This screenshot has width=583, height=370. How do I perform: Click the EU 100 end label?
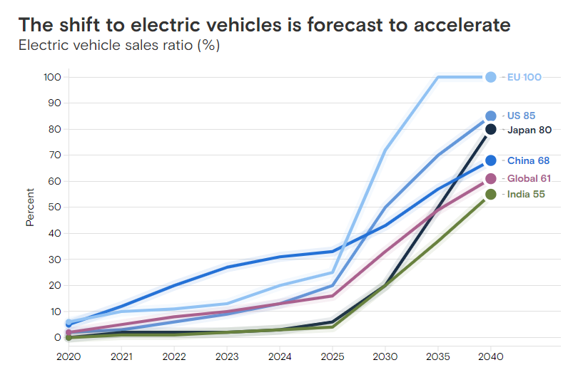click(x=524, y=77)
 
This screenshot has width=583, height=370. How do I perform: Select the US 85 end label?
click(x=521, y=115)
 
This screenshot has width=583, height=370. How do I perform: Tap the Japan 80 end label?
click(x=529, y=130)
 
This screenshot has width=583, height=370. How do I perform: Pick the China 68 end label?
click(x=528, y=160)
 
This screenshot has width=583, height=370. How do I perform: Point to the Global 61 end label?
click(x=529, y=178)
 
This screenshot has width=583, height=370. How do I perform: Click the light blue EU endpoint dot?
click(x=491, y=77)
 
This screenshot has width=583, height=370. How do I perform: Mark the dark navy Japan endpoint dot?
click(x=491, y=129)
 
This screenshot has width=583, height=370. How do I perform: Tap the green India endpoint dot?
click(x=491, y=194)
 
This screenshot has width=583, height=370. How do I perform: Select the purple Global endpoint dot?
click(x=491, y=178)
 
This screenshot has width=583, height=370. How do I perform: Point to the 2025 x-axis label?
click(x=333, y=354)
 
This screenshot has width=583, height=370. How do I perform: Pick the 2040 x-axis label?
click(x=490, y=354)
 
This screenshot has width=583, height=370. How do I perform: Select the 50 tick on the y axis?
click(x=55, y=207)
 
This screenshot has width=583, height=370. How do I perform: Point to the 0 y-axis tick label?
click(x=58, y=338)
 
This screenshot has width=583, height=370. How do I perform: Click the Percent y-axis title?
click(x=30, y=207)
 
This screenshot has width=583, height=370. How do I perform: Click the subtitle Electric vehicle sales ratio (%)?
click(x=119, y=46)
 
